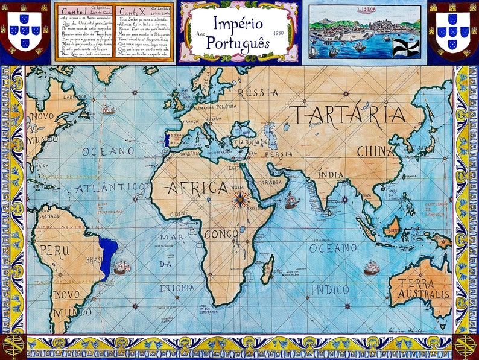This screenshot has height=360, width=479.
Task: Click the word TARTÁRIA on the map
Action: pyautogui.click(x=346, y=115)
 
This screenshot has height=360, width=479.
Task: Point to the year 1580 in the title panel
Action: pyautogui.click(x=278, y=33)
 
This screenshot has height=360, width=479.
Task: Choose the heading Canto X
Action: pyautogui.click(x=130, y=11)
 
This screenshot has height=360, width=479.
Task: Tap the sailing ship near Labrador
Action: pyautogui.click(x=107, y=109)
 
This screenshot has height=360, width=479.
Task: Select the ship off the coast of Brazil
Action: pyautogui.click(x=122, y=267)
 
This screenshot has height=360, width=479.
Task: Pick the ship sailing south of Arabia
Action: pyautogui.click(x=291, y=200)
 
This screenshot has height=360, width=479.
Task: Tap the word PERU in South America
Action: pyautogui.click(x=56, y=250)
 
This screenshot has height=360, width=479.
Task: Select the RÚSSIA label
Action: pyautogui.click(x=258, y=93)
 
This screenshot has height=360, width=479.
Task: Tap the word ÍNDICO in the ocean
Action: pyautogui.click(x=329, y=290)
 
